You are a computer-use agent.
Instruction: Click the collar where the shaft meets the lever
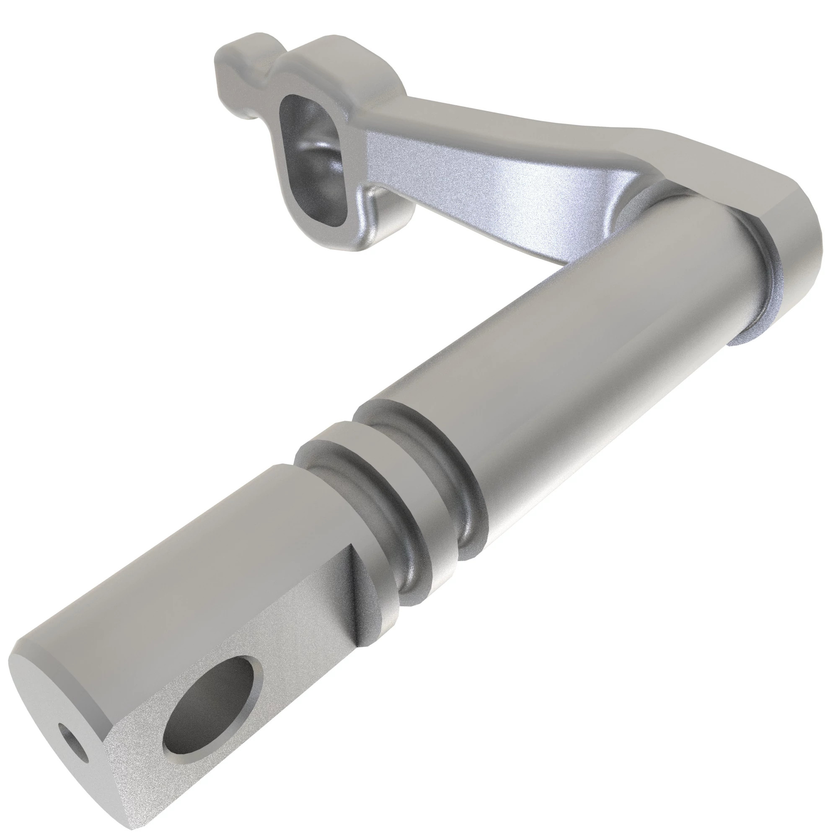[x=755, y=278]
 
